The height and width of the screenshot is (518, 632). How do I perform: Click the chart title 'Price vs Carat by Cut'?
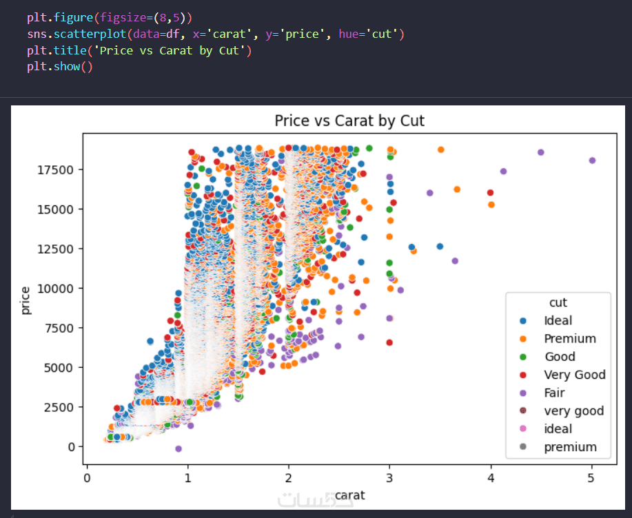pos(349,121)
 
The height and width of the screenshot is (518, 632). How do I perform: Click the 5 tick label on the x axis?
pos(591,477)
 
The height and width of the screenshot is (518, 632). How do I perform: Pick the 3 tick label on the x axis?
pos(389,477)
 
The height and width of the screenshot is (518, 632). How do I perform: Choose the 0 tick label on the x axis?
pos(87,477)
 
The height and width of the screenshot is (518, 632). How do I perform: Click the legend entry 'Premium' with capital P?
pos(569,338)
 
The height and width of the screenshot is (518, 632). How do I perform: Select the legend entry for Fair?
pos(554,393)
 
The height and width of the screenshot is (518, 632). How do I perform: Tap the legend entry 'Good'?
pos(559,356)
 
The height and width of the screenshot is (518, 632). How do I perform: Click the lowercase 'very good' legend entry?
pos(573,411)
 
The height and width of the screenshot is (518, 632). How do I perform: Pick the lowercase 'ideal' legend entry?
pos(558,428)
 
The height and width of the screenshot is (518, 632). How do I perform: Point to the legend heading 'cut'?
pos(558,302)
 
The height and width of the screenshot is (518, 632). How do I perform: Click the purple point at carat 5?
pos(592,160)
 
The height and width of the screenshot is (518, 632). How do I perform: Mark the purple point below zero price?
pos(179,448)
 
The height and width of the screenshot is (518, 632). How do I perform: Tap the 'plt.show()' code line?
pos(60,67)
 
